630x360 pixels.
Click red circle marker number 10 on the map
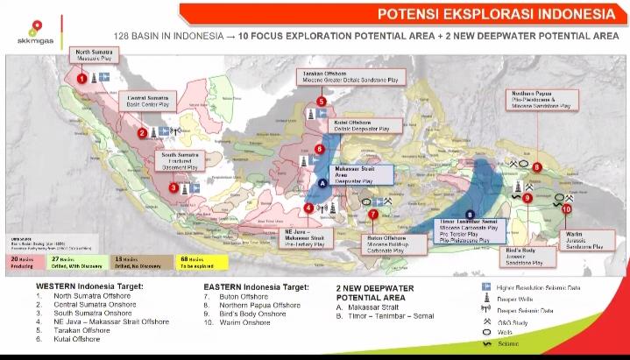click(x=567, y=209)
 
